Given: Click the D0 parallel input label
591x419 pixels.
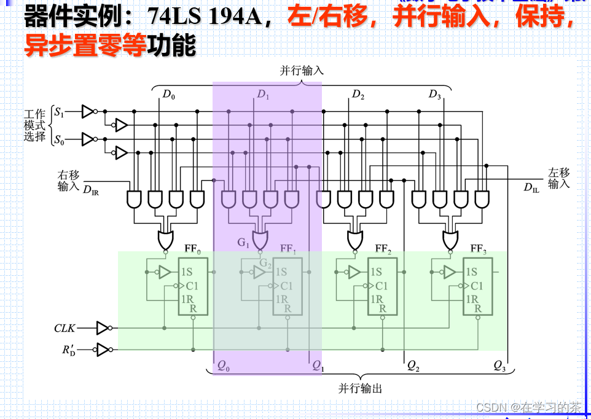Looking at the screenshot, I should [168, 95].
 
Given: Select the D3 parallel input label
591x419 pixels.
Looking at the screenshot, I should [435, 95].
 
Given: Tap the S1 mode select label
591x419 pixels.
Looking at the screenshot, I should [59, 112].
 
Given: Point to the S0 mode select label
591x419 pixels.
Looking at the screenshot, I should [59, 140].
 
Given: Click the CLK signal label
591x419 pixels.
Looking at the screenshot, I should [65, 329].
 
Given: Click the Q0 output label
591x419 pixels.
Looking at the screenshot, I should [224, 366].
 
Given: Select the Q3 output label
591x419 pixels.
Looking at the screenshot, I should [499, 366].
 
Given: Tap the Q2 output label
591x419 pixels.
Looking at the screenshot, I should [413, 366].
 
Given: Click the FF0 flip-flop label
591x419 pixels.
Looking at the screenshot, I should [193, 249].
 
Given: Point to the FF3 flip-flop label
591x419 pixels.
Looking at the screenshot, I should [479, 249].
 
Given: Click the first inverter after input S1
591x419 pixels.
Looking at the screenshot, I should [88, 112].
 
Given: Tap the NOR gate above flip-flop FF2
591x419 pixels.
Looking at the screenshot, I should [355, 239].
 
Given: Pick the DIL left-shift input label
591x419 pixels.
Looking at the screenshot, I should [531, 187].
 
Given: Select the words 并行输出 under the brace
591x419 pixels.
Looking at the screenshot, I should [360, 388].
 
